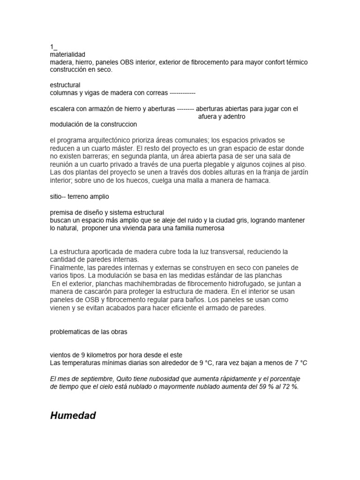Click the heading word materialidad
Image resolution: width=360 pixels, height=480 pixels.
click(x=67, y=54)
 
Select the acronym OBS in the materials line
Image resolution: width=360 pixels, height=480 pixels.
click(x=128, y=62)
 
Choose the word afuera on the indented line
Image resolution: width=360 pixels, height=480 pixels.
click(x=203, y=116)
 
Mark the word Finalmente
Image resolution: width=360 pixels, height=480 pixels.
click(x=67, y=268)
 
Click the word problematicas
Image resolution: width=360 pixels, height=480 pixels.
click(x=71, y=331)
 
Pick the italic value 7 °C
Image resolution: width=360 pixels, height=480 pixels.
click(x=301, y=363)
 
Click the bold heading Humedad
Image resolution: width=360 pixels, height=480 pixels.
click(x=73, y=415)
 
